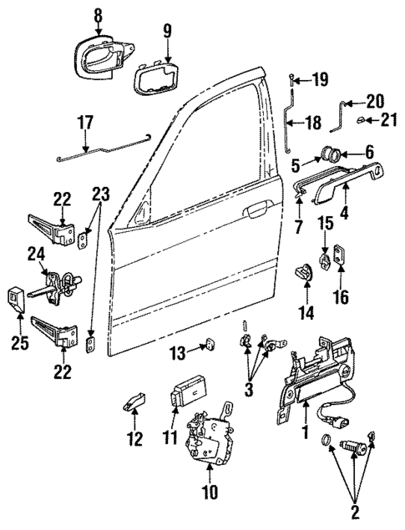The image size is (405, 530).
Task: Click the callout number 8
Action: [98, 14]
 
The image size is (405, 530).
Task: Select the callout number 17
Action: [86, 123]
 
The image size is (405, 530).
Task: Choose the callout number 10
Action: [209, 492]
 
